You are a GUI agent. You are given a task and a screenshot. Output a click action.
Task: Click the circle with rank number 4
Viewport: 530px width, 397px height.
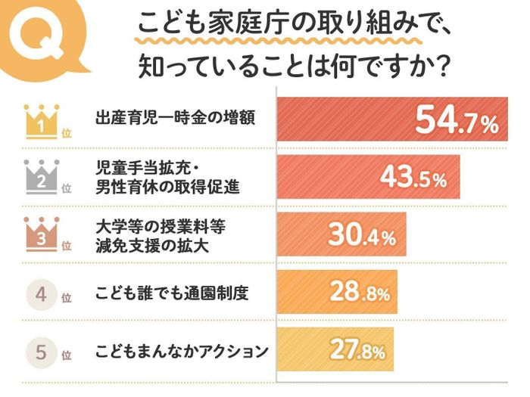click(x=42, y=294)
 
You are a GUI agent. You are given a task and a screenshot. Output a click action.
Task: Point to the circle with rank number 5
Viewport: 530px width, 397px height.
click(x=42, y=352)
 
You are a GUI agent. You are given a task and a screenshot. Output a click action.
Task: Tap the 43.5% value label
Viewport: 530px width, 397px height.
click(x=413, y=178)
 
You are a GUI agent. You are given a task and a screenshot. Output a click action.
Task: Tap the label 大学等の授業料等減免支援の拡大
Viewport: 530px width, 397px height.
click(x=162, y=234)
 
